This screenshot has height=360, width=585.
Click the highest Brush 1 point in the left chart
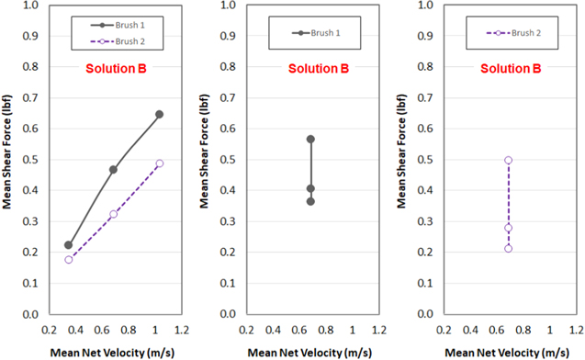pos(159,115)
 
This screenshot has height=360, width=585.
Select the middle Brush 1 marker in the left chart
pos(113,170)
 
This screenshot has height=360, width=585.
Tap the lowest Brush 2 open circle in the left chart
pos(68,260)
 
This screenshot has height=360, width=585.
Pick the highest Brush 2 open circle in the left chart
pos(159,163)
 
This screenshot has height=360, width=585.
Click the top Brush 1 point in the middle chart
pos(310,140)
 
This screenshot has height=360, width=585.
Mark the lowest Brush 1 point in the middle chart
pos(310,201)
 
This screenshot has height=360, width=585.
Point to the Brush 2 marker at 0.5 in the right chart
pos(508,160)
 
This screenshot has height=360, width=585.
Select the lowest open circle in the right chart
pos(508,249)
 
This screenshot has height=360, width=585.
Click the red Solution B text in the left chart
pos(116,69)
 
